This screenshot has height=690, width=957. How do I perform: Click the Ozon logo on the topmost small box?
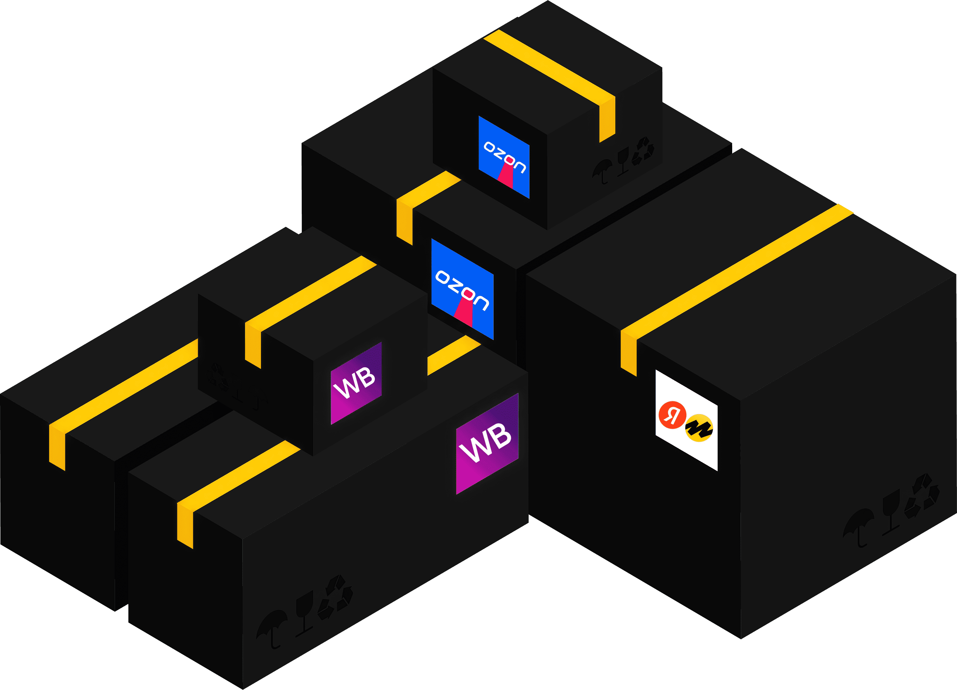[x=504, y=157]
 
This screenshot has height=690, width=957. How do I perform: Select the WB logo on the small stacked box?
[x=356, y=383]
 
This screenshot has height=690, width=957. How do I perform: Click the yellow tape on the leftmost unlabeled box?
[x=122, y=389]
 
